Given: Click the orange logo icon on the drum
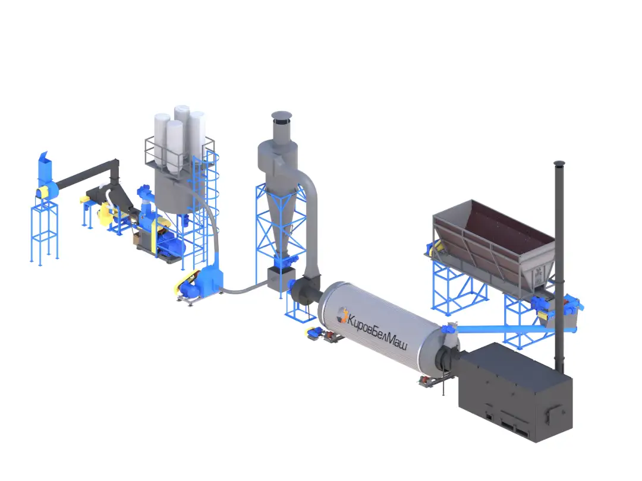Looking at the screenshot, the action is click(x=341, y=315).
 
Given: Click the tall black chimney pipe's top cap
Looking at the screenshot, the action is click(x=559, y=164).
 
